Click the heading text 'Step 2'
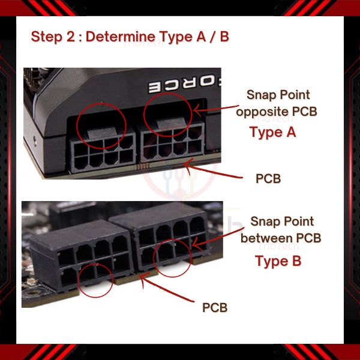pos(53,37)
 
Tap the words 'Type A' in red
pos(273,132)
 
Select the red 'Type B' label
pos(278,261)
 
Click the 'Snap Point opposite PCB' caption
pos(277,103)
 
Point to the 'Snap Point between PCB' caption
pos(281,230)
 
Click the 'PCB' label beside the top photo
pos(268,179)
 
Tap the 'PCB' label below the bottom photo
pos(215,307)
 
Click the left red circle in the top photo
pos(76,126)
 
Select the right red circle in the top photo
pos(144,115)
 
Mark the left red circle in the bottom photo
pos(78,280)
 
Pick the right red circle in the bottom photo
pos(153,258)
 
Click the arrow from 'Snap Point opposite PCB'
pos(216,109)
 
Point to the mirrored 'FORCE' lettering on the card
pos(184,85)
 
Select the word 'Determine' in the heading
pos(121,37)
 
